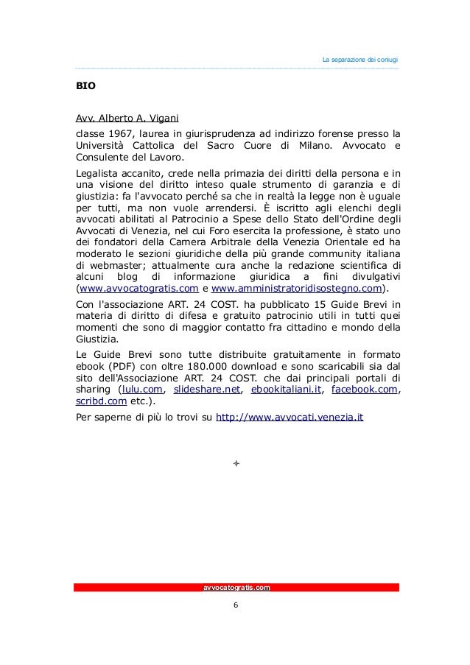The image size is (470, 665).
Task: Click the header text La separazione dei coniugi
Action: (x=360, y=59)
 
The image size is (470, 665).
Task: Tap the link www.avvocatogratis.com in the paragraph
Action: (x=138, y=289)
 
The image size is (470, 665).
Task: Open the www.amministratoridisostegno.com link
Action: (x=297, y=289)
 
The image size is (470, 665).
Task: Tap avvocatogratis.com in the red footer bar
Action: (x=236, y=587)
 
